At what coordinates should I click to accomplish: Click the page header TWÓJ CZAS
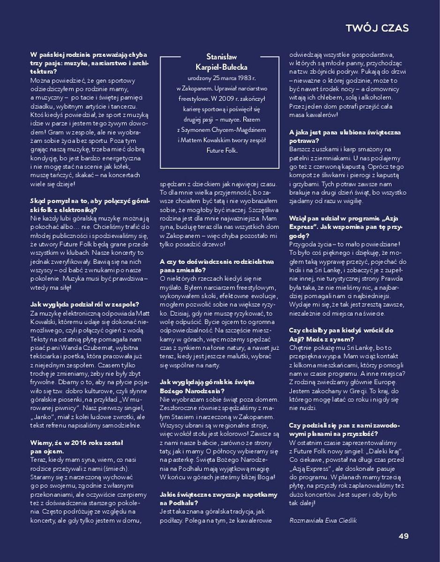(377, 28)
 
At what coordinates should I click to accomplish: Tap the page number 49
(403, 536)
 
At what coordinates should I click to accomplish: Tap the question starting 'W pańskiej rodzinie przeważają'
(89, 62)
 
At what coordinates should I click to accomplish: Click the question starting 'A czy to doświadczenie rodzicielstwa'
(216, 266)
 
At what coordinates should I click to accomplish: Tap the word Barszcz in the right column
(301, 149)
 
